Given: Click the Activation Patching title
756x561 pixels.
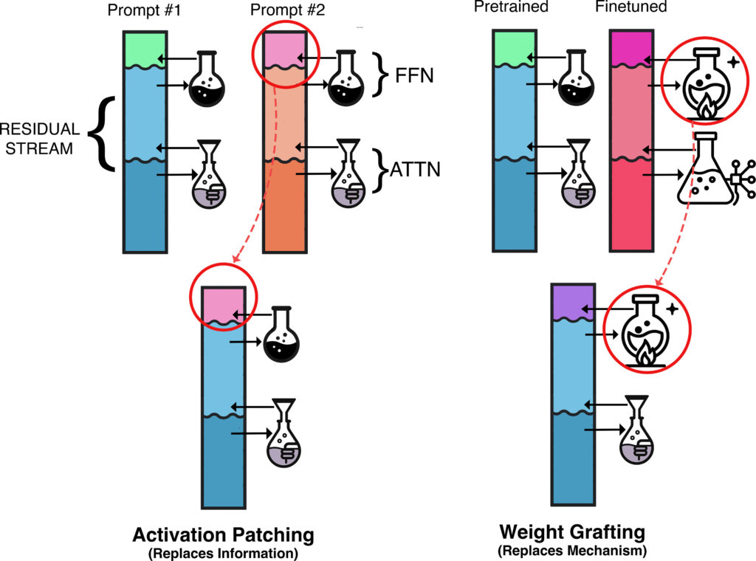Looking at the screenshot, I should tap(223, 534).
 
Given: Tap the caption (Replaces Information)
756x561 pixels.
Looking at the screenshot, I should tap(223, 551).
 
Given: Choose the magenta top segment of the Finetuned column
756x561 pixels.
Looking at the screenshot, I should tap(630, 46).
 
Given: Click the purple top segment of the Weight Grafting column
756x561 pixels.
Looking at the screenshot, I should tap(573, 301).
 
